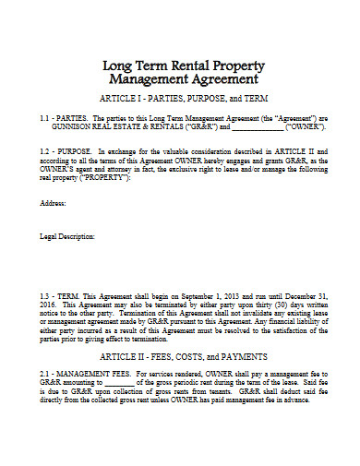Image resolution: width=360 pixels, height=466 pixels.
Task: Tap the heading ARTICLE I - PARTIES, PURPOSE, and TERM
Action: point(179,98)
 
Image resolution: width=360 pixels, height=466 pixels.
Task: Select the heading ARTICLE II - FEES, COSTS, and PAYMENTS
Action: point(179,355)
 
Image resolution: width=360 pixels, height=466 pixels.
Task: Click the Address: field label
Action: point(53,202)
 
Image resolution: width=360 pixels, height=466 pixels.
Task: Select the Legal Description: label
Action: point(67,237)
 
